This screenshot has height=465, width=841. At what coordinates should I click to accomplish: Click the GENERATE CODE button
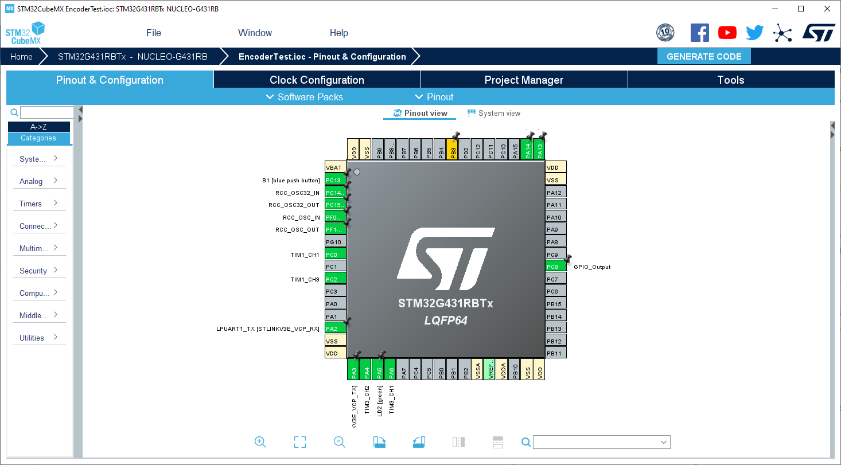tap(704, 57)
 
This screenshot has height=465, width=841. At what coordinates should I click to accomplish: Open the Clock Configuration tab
tap(317, 80)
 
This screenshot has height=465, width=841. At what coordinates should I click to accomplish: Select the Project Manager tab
tap(524, 80)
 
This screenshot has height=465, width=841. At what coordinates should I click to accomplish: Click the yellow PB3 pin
tap(453, 150)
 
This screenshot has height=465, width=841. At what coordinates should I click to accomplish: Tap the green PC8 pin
tap(555, 267)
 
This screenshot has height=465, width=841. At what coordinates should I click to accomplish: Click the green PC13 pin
tap(335, 180)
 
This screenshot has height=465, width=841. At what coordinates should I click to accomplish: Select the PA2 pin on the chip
tap(335, 329)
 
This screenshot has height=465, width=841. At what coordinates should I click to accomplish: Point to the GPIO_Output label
tap(592, 267)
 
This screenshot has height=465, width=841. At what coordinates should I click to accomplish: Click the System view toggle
tap(494, 114)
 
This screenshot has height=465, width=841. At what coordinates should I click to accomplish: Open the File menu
tap(154, 33)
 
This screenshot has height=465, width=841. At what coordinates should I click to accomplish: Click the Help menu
tap(338, 33)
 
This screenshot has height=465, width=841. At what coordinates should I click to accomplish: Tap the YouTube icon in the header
tap(727, 33)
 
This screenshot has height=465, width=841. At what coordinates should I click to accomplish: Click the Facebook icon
tap(699, 33)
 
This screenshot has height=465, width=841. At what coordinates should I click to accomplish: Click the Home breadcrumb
tap(21, 57)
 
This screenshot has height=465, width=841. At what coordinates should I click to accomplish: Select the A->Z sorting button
tap(38, 127)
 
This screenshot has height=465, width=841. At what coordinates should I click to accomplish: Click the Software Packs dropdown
tap(304, 97)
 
